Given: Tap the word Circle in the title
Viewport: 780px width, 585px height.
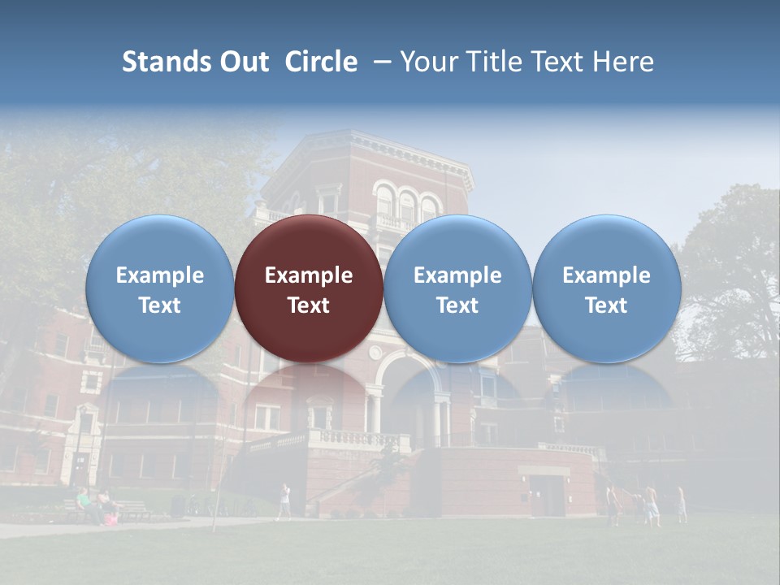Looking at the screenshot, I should pos(321,62).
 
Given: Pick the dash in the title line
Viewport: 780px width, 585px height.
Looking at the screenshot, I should pos(379,62).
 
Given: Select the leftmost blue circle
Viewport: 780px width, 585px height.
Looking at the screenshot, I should pos(160,288).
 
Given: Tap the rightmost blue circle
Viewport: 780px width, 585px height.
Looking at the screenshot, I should pos(606,288).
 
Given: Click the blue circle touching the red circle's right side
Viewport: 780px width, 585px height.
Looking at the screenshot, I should pos(457,288).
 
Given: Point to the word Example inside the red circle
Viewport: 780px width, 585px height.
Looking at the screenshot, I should pos(309,275).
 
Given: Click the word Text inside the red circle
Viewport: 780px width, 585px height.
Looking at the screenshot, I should pos(309,305).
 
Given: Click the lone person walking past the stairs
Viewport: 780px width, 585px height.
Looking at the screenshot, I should pos(284,500).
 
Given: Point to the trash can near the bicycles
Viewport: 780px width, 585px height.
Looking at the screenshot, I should pos(178,504).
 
